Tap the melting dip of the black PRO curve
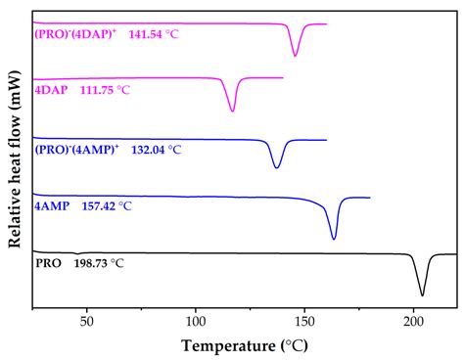(422, 293)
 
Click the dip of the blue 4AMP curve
(334, 238)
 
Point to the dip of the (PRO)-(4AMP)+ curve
(277, 167)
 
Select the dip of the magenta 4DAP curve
(232, 111)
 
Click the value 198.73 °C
(100, 264)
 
